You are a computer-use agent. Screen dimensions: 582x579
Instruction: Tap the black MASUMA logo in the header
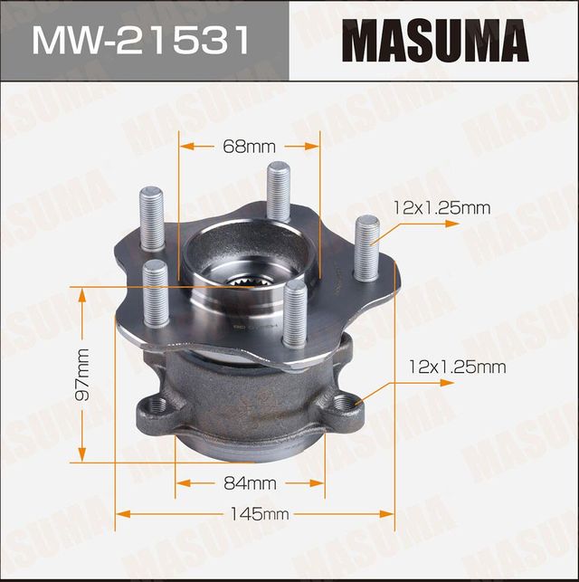point(434,41)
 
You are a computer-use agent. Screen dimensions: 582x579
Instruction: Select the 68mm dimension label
point(249,145)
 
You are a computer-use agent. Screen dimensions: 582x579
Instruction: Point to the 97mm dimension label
point(82,374)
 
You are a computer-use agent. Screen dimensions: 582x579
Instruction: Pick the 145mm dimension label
point(257,515)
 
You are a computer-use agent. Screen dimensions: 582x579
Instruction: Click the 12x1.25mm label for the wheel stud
point(442,208)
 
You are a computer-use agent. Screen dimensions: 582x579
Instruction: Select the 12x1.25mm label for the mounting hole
point(457,367)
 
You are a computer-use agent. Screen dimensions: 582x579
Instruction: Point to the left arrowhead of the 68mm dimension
point(184,145)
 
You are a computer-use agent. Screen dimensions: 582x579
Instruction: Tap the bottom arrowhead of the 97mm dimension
point(82,456)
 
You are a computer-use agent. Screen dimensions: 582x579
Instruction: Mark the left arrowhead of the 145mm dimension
point(120,515)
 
